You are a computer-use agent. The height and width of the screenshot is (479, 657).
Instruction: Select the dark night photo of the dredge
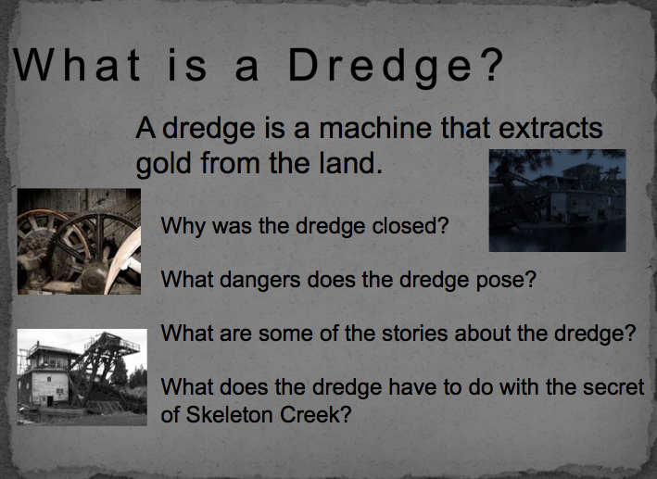tap(557, 200)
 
